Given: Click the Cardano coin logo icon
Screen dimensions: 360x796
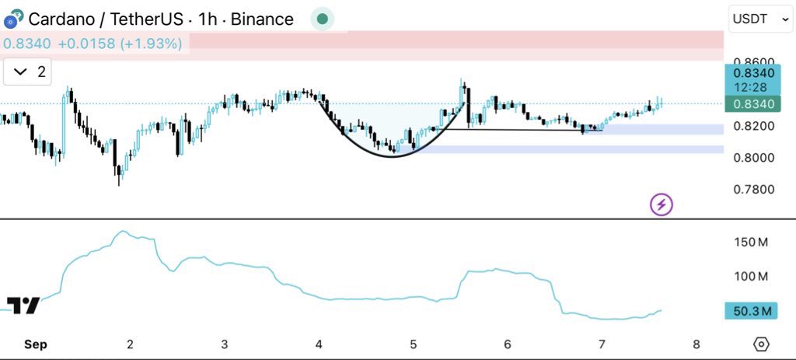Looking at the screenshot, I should coord(12,19).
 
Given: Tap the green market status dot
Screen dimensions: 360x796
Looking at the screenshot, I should coord(322,19).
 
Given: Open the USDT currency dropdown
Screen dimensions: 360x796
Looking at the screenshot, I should coord(759,19).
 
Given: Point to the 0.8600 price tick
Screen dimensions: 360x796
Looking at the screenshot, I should coord(753,61).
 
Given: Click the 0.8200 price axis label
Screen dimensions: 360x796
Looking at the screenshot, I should coord(753,126).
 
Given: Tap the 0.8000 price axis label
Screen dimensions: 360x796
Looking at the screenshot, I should coord(753,158).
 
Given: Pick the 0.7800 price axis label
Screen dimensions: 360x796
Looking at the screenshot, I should coord(753,189).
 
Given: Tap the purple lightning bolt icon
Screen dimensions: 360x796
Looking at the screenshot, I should coord(662,204).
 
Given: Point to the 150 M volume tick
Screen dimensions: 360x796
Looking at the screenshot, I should coord(751,242).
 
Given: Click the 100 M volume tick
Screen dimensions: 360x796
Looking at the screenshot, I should coord(751,276).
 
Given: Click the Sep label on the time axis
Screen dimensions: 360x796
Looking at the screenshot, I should coord(35,344).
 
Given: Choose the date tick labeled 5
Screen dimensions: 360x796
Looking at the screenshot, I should coord(413,344).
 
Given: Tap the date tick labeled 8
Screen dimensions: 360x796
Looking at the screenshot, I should coord(696,344).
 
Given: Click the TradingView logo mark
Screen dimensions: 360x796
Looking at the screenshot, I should coord(23,305).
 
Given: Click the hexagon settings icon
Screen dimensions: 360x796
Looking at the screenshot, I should coord(761,344).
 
